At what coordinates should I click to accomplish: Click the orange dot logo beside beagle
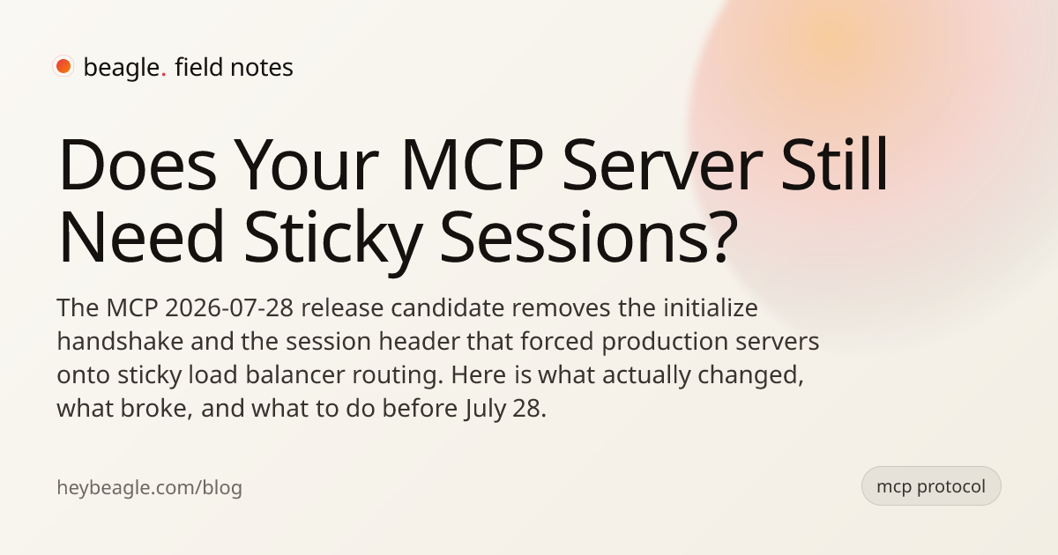(x=63, y=66)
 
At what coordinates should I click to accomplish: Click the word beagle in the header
(x=122, y=68)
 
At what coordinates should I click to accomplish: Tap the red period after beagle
(x=163, y=75)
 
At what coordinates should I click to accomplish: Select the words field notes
(x=234, y=67)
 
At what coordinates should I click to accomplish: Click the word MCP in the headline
(x=472, y=165)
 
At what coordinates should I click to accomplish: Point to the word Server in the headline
(x=662, y=165)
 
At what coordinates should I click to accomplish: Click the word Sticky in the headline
(x=333, y=236)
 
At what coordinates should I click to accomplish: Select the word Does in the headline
(x=137, y=165)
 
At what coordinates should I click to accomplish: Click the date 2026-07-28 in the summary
(x=229, y=308)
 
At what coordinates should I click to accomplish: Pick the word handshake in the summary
(x=120, y=341)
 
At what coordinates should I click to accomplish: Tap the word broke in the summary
(x=156, y=408)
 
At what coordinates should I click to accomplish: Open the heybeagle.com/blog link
(x=149, y=487)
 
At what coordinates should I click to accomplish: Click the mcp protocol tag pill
(x=931, y=486)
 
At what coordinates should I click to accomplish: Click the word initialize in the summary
(x=711, y=307)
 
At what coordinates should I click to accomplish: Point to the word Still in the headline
(x=835, y=165)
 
